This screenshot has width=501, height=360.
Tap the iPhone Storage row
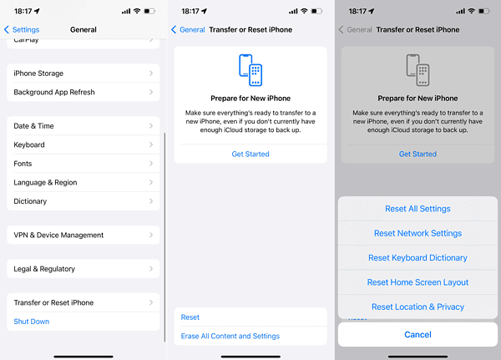83,74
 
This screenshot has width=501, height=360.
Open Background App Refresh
83,92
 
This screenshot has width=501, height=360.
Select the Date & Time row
83,126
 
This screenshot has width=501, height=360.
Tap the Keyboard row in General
83,145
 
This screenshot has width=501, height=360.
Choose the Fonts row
83,164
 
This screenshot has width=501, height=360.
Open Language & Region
83,182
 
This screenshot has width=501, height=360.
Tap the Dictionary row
83,201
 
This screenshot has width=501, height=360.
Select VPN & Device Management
83,236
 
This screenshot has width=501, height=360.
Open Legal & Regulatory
83,269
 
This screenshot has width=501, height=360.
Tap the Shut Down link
32,322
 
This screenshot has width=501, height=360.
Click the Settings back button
22,29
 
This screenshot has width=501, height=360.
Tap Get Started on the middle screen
250,154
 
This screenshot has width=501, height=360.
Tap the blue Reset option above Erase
190,317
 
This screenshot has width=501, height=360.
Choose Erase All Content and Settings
230,336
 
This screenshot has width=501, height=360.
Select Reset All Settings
417,209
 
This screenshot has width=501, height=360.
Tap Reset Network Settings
417,234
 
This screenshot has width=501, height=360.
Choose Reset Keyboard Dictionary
417,258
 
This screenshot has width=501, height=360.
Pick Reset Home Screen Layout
417,282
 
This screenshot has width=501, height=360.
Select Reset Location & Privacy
417,307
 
